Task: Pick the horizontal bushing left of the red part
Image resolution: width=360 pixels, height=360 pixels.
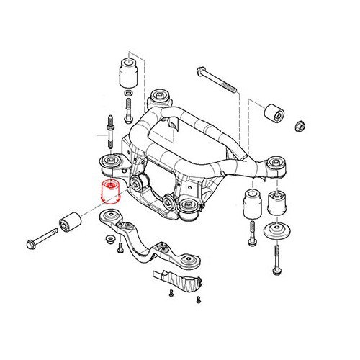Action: pos(71,221)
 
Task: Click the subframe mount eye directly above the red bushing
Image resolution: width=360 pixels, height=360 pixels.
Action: pos(111,161)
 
